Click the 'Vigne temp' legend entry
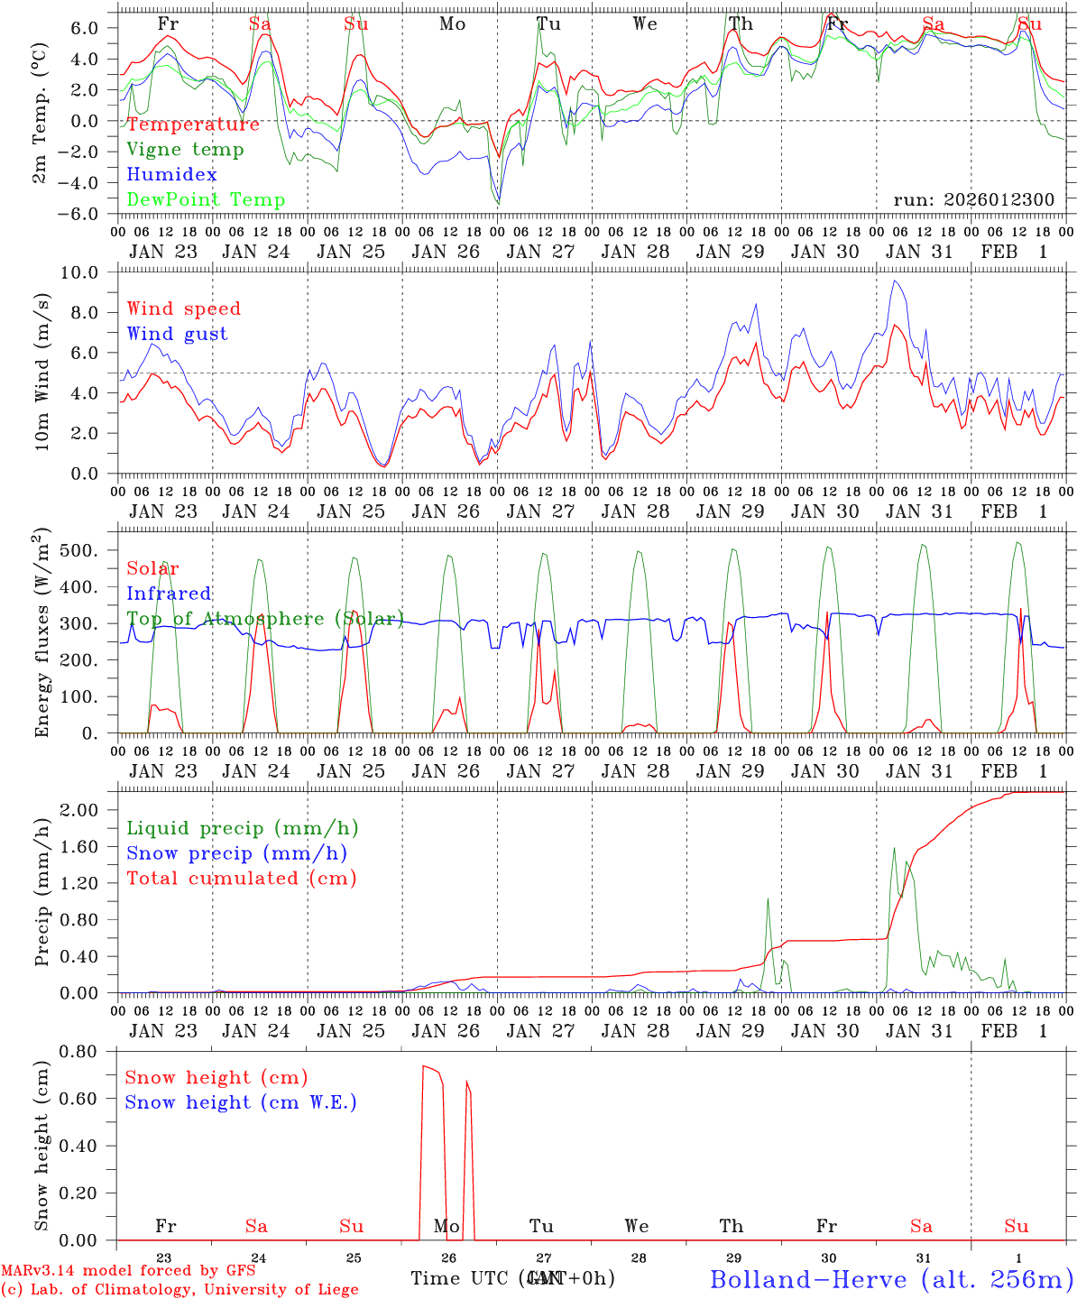click(x=185, y=150)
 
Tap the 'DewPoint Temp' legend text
click(x=206, y=200)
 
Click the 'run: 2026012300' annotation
click(x=973, y=199)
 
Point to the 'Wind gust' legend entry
click(x=177, y=334)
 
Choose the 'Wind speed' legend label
click(x=183, y=309)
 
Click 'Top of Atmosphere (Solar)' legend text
click(x=264, y=619)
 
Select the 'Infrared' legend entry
click(x=169, y=594)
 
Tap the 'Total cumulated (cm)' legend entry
click(x=241, y=878)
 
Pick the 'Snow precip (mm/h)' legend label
click(x=236, y=853)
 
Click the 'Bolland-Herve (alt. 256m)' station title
click(x=890, y=1278)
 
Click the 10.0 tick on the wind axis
click(x=90, y=272)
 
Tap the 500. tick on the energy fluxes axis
click(x=90, y=550)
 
